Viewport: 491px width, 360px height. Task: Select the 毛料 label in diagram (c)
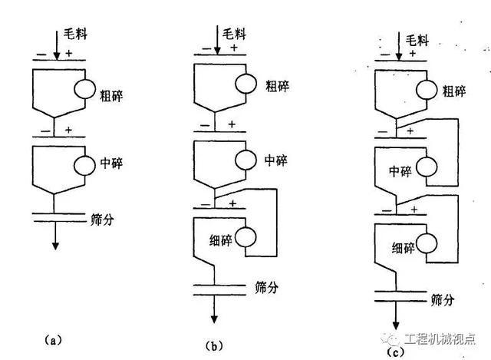click(417, 40)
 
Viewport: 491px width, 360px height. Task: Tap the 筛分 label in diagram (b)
click(267, 288)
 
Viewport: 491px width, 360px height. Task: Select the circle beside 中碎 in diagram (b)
click(247, 160)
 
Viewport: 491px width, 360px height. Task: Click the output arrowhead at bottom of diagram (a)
click(55, 246)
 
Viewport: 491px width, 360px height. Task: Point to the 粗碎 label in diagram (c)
click(454, 91)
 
